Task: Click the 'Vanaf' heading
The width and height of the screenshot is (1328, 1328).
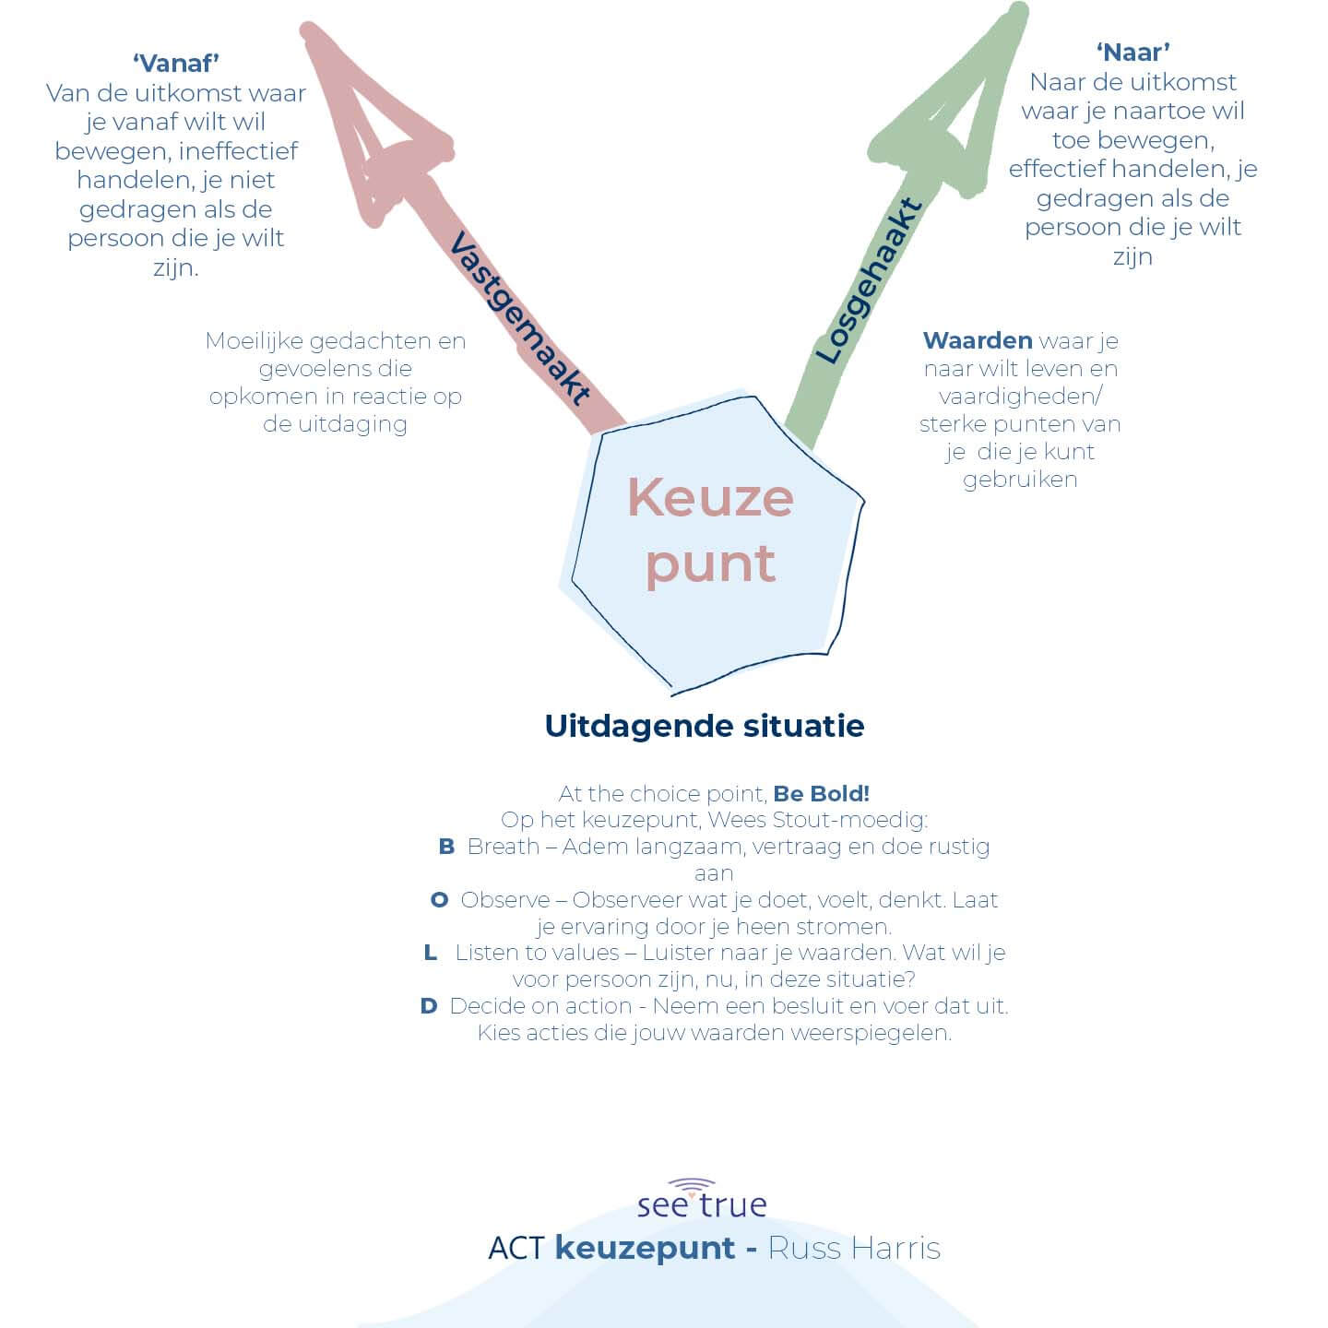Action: [175, 63]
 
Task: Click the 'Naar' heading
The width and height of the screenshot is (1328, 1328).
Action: [1132, 52]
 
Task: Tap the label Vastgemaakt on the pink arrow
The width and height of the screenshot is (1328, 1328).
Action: [518, 319]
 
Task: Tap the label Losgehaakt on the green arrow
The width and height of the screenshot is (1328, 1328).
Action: [868, 281]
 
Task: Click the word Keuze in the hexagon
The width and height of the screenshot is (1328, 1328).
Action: [710, 498]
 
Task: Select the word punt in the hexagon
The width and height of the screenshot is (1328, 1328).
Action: [710, 563]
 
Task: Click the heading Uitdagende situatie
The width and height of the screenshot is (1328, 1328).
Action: [705, 726]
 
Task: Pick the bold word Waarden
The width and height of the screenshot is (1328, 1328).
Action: [977, 340]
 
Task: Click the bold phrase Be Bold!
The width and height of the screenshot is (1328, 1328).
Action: [821, 793]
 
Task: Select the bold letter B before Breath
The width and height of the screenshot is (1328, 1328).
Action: [446, 847]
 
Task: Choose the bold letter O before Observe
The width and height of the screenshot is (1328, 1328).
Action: [440, 900]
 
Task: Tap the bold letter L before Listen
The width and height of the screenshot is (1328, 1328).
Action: [431, 953]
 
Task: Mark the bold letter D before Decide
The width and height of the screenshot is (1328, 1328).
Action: [428, 1006]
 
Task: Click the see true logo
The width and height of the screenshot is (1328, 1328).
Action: [702, 1200]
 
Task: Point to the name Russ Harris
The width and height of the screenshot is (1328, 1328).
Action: [854, 1248]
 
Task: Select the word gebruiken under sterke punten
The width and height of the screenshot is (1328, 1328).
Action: [1020, 480]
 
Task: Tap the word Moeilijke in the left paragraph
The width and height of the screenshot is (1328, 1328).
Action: [254, 341]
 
